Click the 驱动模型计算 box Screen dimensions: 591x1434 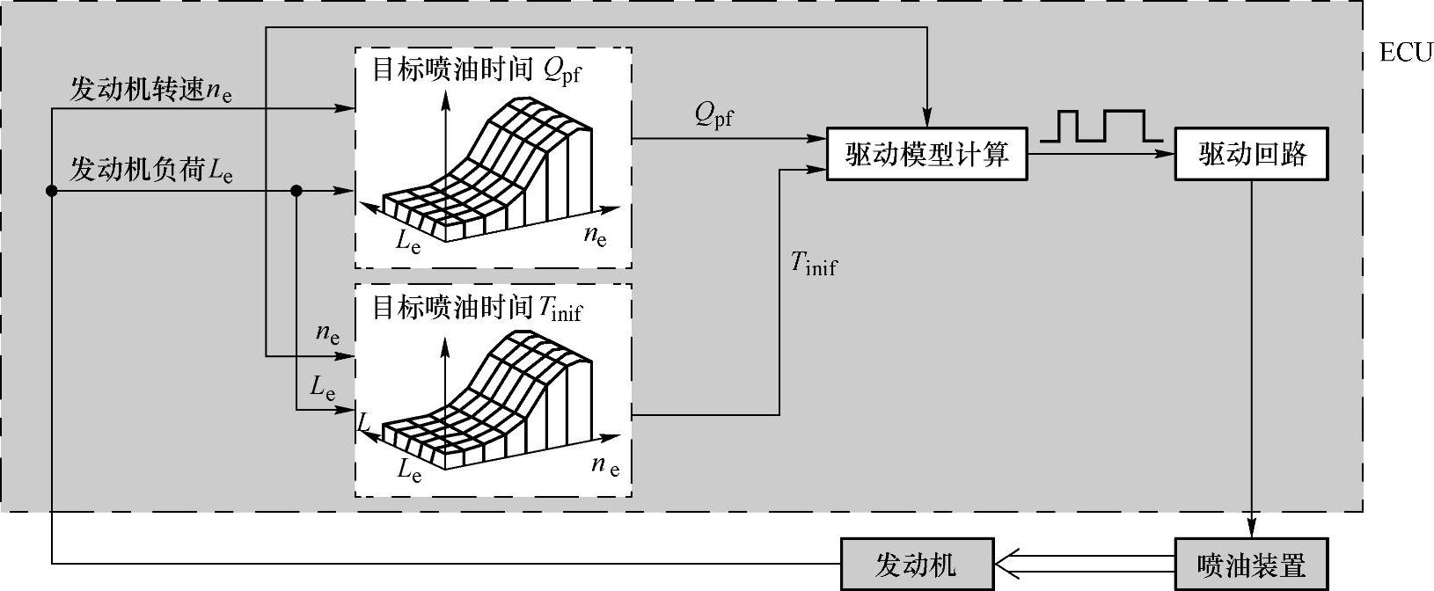(926, 156)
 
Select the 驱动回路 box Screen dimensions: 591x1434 (1251, 156)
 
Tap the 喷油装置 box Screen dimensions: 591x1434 (1251, 564)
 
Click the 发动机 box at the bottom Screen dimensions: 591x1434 (917, 564)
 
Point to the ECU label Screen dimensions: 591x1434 (1405, 53)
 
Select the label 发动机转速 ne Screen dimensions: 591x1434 (156, 91)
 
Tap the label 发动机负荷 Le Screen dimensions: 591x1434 (150, 170)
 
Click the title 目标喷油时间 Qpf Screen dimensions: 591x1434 (476, 71)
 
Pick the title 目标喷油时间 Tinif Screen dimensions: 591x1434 (476, 308)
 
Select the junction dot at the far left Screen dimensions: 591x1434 (51, 191)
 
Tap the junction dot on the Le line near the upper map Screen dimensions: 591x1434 (296, 191)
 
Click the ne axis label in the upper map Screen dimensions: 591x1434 (596, 236)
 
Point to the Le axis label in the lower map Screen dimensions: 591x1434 (409, 470)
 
